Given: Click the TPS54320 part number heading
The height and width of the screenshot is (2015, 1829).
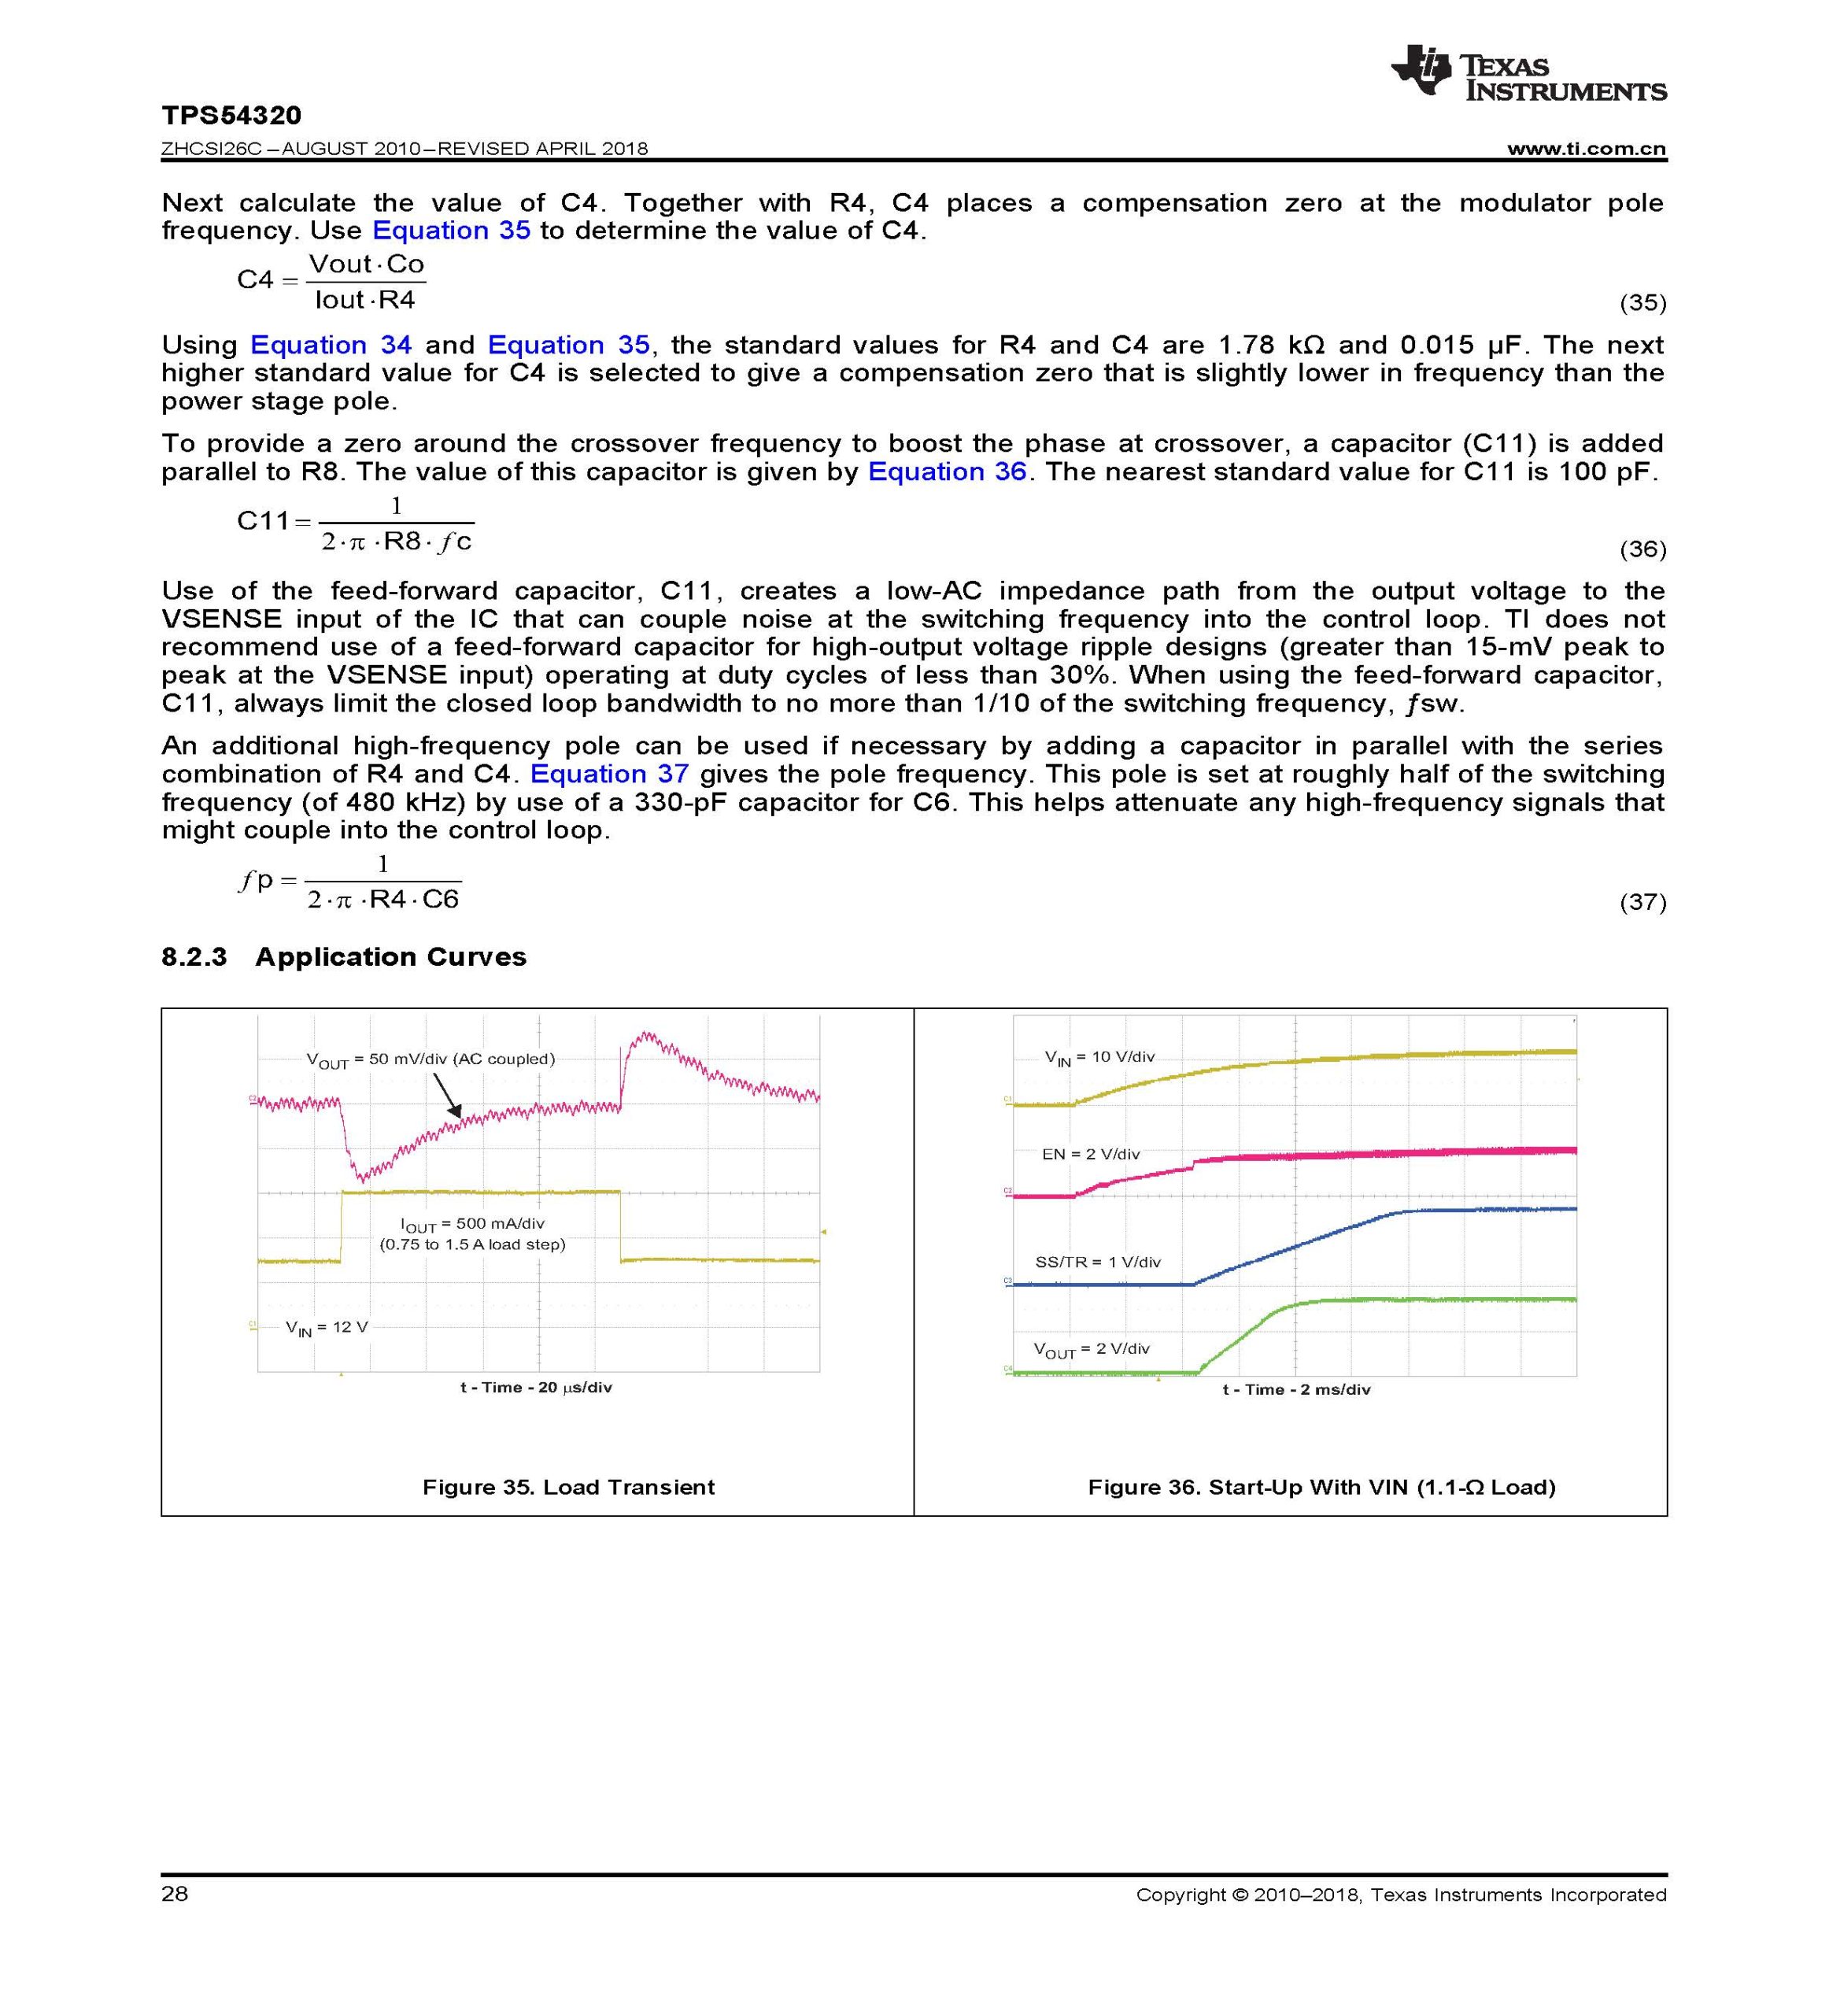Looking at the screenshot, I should [x=231, y=116].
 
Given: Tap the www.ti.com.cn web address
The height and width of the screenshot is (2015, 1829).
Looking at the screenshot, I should [x=1586, y=149].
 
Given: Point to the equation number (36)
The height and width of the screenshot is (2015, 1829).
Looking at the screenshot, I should [x=1642, y=549].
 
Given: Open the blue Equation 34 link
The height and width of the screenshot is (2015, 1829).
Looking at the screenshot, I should [x=330, y=345].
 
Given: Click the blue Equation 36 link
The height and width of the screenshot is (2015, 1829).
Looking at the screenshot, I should [x=947, y=471].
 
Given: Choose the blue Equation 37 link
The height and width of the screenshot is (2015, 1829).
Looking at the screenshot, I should [x=608, y=774].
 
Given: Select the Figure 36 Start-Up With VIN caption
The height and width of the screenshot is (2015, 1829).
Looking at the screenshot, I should [x=1321, y=1488].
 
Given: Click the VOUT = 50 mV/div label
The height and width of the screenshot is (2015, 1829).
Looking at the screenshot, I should [x=430, y=1059].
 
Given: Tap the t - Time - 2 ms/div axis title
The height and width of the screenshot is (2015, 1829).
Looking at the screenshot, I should [x=1295, y=1389].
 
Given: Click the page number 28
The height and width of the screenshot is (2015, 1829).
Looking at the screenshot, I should [x=175, y=1894].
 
